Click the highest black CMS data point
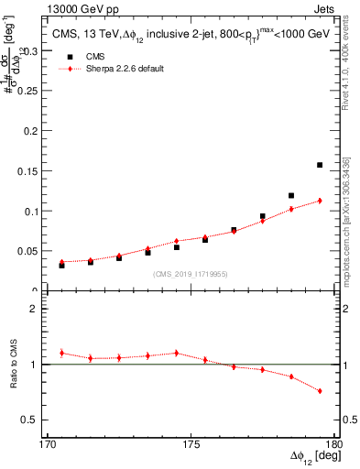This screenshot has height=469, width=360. click(320, 165)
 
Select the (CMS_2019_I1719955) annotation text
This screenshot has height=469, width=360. click(190, 273)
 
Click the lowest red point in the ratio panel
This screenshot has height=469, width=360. click(320, 391)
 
